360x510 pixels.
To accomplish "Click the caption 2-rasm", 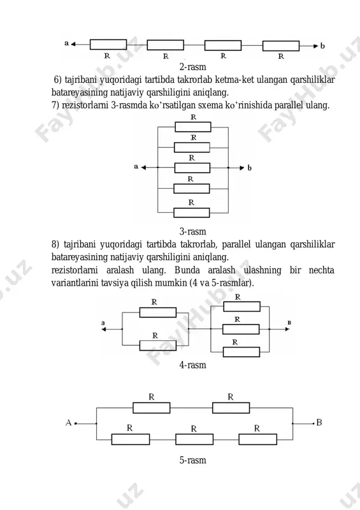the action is (192, 67).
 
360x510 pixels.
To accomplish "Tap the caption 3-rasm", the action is (192, 231).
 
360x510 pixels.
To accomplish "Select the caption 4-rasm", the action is (192, 365).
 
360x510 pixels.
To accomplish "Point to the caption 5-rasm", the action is (192, 460).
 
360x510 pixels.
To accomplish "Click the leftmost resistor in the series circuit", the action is (108, 45).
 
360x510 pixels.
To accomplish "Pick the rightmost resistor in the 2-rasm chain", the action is (281, 46).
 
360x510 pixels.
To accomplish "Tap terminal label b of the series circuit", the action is (322, 46).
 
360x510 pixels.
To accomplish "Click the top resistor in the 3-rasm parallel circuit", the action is (193, 127).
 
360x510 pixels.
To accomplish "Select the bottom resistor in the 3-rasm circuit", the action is (192, 213).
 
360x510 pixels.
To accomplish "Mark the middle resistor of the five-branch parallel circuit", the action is (192, 168).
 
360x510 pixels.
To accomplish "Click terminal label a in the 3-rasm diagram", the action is (136, 166).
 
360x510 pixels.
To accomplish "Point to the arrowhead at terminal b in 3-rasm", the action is (241, 168).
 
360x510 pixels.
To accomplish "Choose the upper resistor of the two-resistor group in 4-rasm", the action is (158, 312).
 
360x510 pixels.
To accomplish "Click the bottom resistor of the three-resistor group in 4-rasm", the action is (241, 352).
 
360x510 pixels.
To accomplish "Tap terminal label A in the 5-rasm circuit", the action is (68, 423).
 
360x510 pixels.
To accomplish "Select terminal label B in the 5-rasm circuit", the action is (319, 422).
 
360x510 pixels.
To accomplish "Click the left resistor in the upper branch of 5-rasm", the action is (152, 408).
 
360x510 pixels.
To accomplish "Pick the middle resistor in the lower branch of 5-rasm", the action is (194, 439).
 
